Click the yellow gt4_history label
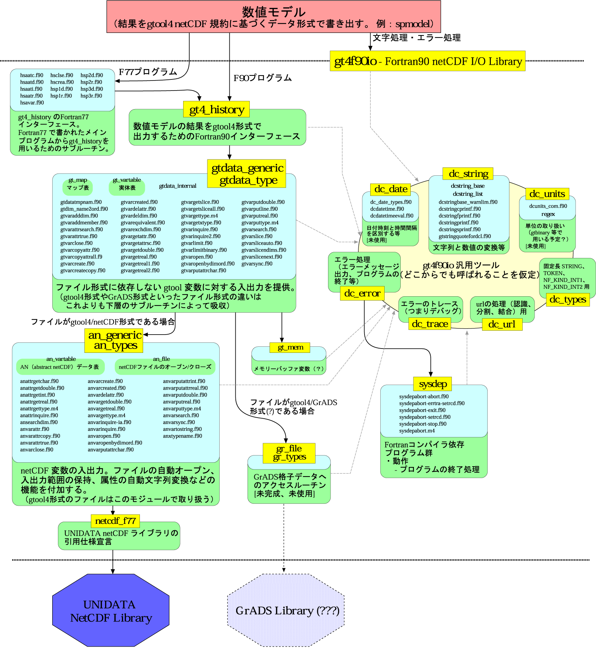pyautogui.click(x=216, y=109)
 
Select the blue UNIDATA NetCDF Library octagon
pyautogui.click(x=111, y=610)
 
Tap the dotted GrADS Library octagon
pyautogui.click(x=286, y=610)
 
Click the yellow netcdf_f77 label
pyautogui.click(x=115, y=521)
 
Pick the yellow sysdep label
pyautogui.click(x=433, y=384)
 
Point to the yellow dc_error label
pyautogui.click(x=362, y=293)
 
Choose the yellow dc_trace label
pyautogui.click(x=430, y=324)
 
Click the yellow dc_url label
pyautogui.click(x=502, y=324)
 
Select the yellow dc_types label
pyautogui.click(x=568, y=299)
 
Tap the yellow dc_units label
pyautogui.click(x=547, y=194)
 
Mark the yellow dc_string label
pyautogui.click(x=468, y=174)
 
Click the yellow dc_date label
pyautogui.click(x=391, y=189)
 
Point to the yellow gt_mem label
pyautogui.click(x=290, y=347)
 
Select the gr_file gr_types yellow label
pyautogui.click(x=289, y=453)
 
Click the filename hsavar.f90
pyautogui.click(x=32, y=103)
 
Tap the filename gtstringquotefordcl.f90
pyautogui.click(x=465, y=237)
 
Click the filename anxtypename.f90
pyautogui.click(x=182, y=436)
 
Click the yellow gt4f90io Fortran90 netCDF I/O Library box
pyautogui.click(x=428, y=61)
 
